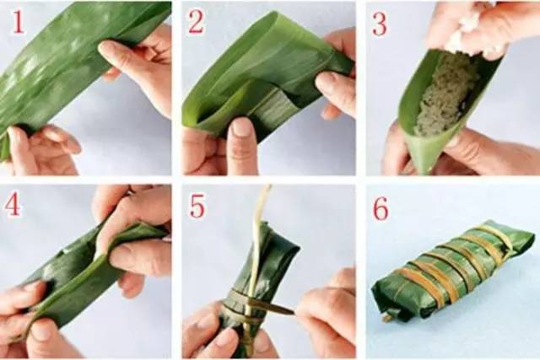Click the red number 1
(x=19, y=23)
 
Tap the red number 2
(x=196, y=23)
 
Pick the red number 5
(x=196, y=205)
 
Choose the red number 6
(x=381, y=207)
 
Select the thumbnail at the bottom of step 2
(x=241, y=129)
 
